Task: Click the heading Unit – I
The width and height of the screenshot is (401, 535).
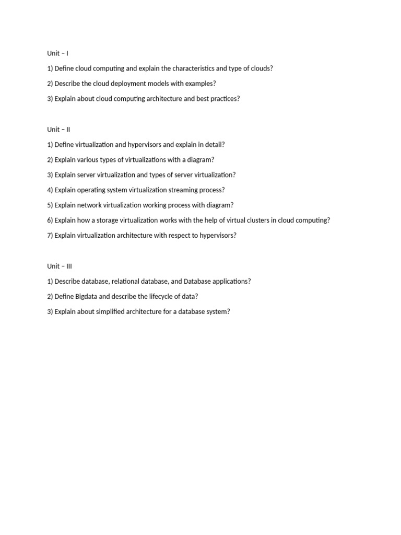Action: (x=57, y=53)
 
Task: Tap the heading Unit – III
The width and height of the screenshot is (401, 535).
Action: (x=60, y=266)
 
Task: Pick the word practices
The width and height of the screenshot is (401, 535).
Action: (x=221, y=99)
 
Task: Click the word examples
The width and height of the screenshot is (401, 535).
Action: (x=198, y=84)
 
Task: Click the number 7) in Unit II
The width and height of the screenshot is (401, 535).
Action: (x=50, y=236)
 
